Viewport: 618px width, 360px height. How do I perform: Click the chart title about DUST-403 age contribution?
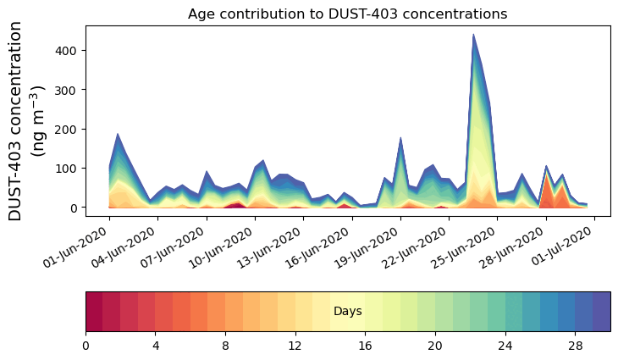[x=347, y=14]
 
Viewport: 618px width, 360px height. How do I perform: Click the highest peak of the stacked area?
[x=473, y=36]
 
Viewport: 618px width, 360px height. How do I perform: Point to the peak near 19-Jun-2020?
[x=400, y=137]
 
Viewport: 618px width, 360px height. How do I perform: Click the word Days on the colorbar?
[x=347, y=312]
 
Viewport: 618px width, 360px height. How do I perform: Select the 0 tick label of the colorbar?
[x=86, y=346]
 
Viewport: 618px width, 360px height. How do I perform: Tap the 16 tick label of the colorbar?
[x=366, y=346]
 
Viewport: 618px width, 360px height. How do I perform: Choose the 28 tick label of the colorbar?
[x=576, y=346]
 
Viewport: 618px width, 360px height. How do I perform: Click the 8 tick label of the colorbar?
[x=225, y=346]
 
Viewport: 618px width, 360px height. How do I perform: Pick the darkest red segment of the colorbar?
[x=94, y=312]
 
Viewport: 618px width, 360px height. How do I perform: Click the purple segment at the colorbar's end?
[x=602, y=312]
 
